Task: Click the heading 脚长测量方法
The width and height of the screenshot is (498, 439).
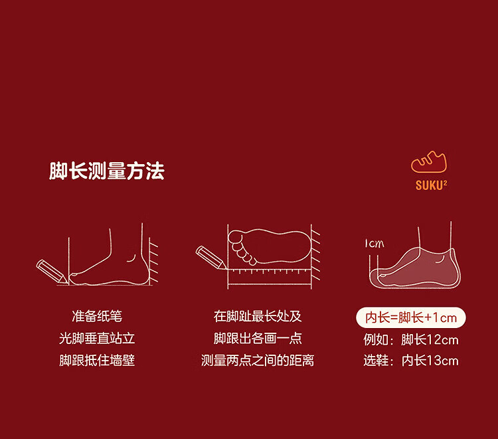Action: (x=107, y=171)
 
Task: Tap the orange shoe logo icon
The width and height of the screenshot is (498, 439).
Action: (x=429, y=161)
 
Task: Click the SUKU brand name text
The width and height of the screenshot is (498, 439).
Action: (x=432, y=185)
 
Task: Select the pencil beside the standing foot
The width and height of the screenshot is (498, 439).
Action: (x=52, y=272)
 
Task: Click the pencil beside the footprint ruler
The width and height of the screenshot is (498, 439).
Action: (x=211, y=258)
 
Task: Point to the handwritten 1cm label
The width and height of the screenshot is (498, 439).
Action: (x=374, y=244)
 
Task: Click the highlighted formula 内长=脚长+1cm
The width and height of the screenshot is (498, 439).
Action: (x=411, y=317)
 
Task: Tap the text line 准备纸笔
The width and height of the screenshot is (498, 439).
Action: (x=97, y=316)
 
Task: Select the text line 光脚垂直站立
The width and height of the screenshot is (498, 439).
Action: (x=97, y=338)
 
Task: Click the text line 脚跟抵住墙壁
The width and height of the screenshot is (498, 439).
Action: (x=97, y=361)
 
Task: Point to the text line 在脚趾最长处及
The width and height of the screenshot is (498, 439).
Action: (x=258, y=316)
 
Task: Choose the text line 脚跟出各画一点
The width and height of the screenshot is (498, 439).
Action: (x=258, y=338)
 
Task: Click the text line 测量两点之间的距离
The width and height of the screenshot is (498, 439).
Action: (x=258, y=361)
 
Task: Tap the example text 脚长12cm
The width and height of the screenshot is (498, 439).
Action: (x=430, y=340)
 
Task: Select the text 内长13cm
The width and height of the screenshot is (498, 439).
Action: (x=430, y=361)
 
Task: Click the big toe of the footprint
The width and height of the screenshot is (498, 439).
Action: (x=235, y=236)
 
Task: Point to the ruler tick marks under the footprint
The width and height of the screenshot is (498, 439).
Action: (x=269, y=271)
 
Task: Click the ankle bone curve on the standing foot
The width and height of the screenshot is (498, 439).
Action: (x=131, y=258)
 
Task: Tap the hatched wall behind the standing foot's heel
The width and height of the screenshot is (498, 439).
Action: (x=154, y=263)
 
